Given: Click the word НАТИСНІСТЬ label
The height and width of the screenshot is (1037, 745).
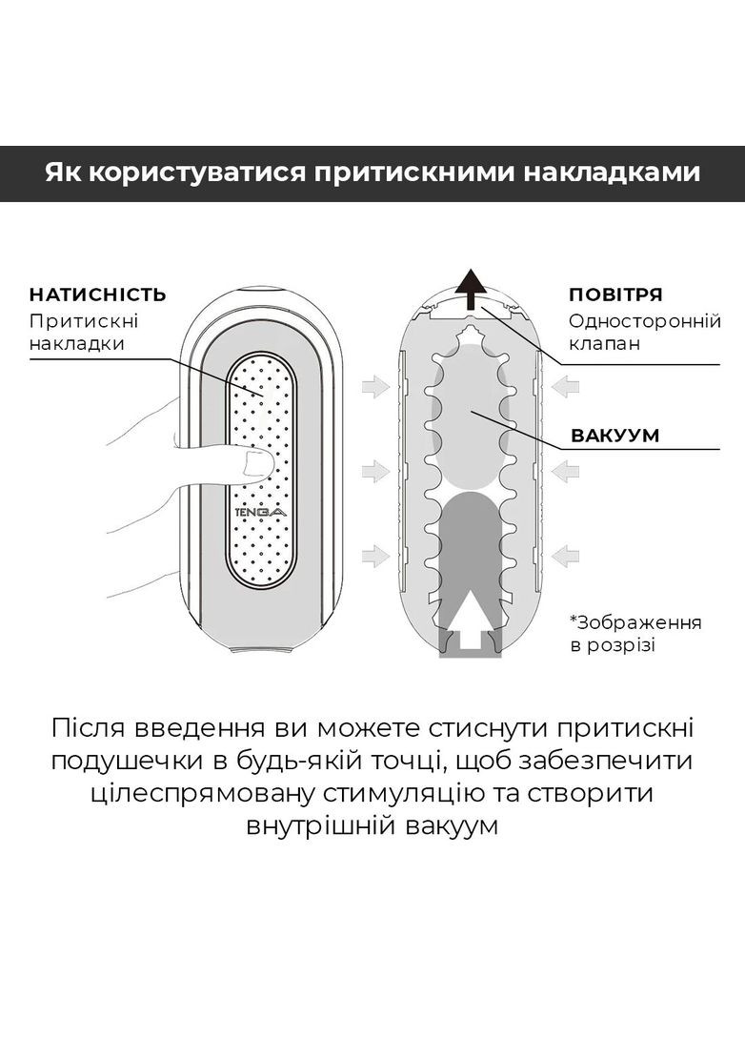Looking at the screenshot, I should point(97,294).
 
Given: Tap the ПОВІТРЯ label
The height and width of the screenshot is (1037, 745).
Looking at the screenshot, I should point(614,295).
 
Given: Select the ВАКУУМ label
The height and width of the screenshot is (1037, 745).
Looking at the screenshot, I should point(614,436).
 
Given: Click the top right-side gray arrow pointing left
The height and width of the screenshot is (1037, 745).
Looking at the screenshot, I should point(565,386).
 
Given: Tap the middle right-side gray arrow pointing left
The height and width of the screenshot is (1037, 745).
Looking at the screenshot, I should point(565,470).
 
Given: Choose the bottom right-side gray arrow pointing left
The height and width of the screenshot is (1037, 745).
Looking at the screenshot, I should point(565,554).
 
